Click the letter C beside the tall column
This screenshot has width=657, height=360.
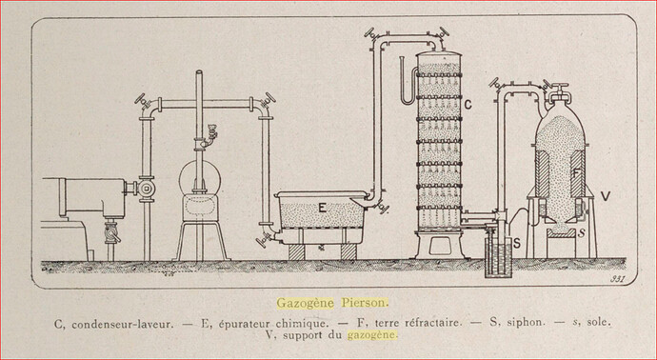pyautogui.click(x=468, y=105)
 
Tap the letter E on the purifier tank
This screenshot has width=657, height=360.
pyautogui.click(x=322, y=208)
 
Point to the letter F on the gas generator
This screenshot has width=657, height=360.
pyautogui.click(x=577, y=172)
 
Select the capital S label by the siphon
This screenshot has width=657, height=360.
pyautogui.click(x=517, y=243)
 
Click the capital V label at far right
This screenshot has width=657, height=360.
pyautogui.click(x=606, y=195)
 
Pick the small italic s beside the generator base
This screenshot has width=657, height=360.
pyautogui.click(x=581, y=233)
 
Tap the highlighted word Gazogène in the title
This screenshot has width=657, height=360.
pyautogui.click(x=306, y=303)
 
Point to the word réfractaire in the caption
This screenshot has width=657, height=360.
pyautogui.click(x=433, y=324)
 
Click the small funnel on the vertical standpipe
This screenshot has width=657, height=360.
pyautogui.click(x=210, y=132)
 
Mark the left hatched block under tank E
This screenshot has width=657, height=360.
pyautogui.click(x=296, y=251)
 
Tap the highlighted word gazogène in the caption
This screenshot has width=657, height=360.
pyautogui.click(x=371, y=335)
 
